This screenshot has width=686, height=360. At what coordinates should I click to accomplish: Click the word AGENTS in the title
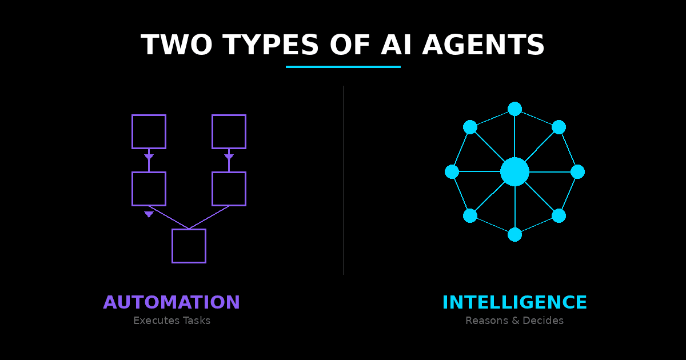pos(483,46)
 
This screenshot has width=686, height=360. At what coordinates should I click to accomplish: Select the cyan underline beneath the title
pos(343,67)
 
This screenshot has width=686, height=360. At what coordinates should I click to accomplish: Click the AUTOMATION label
pos(171,302)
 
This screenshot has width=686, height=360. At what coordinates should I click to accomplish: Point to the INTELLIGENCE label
pos(514,302)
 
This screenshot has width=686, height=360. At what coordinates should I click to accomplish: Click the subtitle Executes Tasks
pos(171,321)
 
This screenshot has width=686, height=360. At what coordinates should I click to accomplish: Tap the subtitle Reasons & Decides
pos(514,321)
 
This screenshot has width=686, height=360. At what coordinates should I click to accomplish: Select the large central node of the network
pos(514,171)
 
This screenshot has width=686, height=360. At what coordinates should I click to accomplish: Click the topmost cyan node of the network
pos(514,109)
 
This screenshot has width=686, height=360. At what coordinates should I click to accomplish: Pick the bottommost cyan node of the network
pos(514,234)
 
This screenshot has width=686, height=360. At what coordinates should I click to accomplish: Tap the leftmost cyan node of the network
pos(452,171)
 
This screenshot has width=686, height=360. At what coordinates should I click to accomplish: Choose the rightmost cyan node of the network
pos(577,171)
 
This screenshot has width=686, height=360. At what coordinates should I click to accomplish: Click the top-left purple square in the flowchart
pos(149,131)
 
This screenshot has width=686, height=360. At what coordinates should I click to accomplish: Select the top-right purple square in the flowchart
pos(229,131)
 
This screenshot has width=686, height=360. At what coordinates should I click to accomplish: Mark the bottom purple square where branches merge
pos(189,246)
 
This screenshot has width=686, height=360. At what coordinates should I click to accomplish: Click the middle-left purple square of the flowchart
pos(149,189)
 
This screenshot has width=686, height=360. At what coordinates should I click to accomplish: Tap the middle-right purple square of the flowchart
pos(229,189)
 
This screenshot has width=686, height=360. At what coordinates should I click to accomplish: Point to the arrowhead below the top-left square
pos(149,157)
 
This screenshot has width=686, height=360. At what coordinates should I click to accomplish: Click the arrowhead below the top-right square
pos(229,157)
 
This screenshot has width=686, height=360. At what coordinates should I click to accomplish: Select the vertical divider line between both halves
pos(343,180)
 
